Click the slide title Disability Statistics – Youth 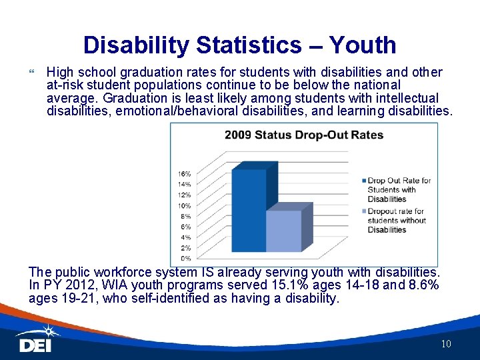pyautogui.click(x=240, y=45)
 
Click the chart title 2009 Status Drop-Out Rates pyautogui.click(x=303, y=135)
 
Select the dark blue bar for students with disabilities pyautogui.click(x=248, y=210)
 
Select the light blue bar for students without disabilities pyautogui.click(x=283, y=231)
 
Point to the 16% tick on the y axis pyautogui.click(x=184, y=173)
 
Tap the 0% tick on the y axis pyautogui.click(x=185, y=258)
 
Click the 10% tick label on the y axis pyautogui.click(x=184, y=205)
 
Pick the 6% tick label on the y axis pyautogui.click(x=185, y=227)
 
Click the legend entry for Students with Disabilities pyautogui.click(x=399, y=189)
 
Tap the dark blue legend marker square pyautogui.click(x=363, y=181)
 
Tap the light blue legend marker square pyautogui.click(x=363, y=211)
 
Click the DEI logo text pyautogui.click(x=35, y=345)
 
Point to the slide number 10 pyautogui.click(x=446, y=344)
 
